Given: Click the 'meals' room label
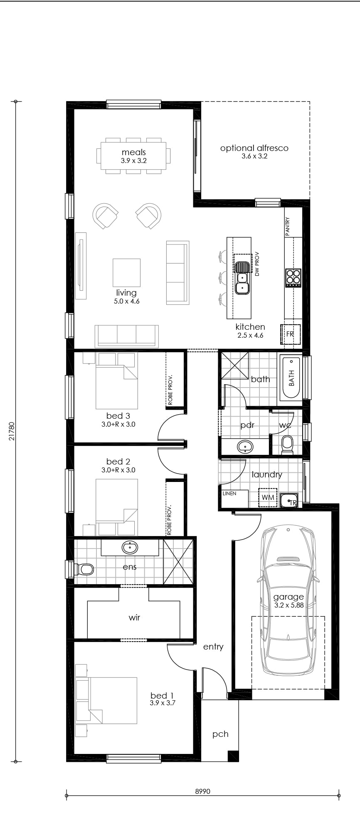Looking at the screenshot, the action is point(133,152).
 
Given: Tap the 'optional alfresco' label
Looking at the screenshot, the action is point(254,148).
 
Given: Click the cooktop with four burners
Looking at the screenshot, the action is point(293,278).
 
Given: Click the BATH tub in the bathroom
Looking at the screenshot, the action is point(291,377).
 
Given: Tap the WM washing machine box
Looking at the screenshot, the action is point(268,497).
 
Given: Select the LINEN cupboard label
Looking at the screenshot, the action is point(229,494).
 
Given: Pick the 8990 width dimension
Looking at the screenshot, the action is point(202,791).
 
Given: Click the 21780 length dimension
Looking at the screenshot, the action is point(12,431).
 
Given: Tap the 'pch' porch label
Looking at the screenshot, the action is point(220,734).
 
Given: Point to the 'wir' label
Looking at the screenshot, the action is point(134,618).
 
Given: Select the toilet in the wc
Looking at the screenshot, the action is point(287,444).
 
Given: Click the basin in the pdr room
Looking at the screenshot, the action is point(245,447).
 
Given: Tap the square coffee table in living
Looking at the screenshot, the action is point(126,272).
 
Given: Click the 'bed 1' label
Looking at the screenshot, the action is point(162,696).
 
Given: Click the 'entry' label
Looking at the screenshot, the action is point(213,647).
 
